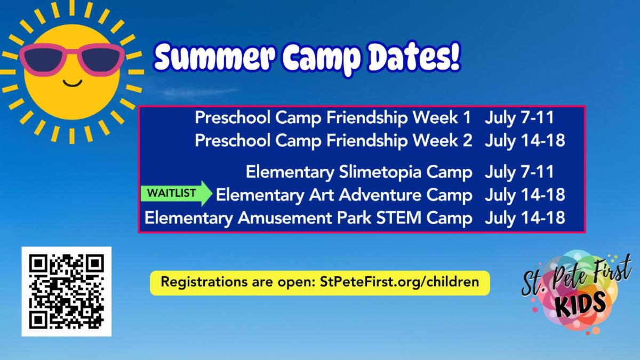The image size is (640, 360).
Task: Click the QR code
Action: (67, 291)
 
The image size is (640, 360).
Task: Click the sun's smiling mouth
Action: (73, 83)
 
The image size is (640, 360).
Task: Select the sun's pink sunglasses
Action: (72, 60)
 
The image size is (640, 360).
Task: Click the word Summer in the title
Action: (214, 58)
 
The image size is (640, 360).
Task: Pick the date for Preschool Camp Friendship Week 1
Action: (519, 118)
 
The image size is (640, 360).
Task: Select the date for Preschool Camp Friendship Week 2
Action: (525, 141)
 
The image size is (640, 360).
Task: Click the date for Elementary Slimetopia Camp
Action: (519, 172)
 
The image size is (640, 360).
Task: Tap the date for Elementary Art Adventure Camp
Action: (525, 195)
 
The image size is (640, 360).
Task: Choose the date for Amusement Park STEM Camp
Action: (525, 218)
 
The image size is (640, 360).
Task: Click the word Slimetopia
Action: (380, 172)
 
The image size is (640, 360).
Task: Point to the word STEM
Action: (398, 218)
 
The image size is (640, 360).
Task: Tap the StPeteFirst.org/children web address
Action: (399, 282)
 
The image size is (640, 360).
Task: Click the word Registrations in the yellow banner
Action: (205, 282)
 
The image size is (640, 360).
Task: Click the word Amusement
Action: (285, 218)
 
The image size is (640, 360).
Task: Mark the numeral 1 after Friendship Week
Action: (467, 118)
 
